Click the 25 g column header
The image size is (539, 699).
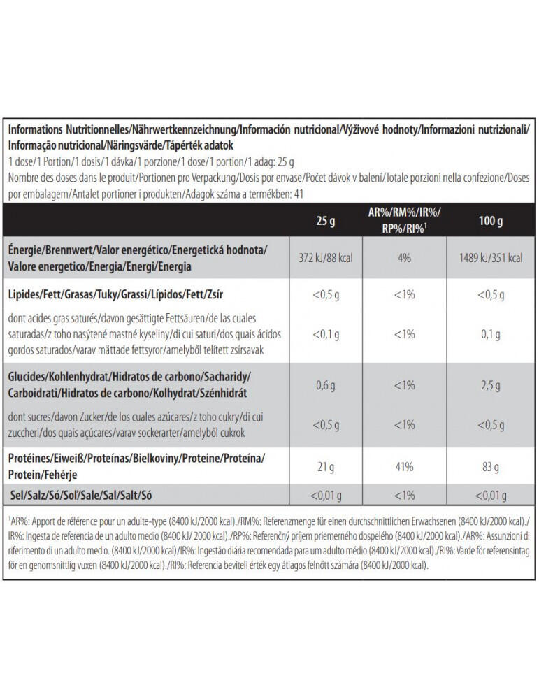click(326, 221)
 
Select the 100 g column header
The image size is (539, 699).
click(490, 221)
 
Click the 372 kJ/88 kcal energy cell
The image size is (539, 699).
click(326, 258)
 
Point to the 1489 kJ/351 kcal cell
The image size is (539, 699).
click(490, 258)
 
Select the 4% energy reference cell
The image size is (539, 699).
click(404, 258)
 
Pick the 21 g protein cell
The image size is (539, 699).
click(326, 467)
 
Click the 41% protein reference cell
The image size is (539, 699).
click(404, 467)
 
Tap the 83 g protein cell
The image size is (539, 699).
click(490, 467)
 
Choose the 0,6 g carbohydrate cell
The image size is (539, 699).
click(326, 385)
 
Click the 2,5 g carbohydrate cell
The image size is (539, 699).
click(490, 385)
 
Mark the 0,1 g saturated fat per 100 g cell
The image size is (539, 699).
click(490, 334)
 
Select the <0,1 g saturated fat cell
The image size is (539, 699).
click(326, 334)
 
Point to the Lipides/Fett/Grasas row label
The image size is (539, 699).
click(115, 295)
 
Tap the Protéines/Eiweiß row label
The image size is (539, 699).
click(136, 466)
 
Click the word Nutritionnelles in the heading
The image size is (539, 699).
click(96, 130)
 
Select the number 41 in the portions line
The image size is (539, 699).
click(299, 194)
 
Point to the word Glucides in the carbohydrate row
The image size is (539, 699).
click(27, 377)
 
